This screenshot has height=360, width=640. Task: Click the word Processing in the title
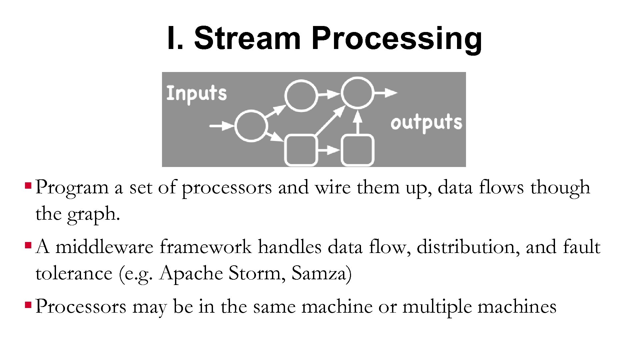pyautogui.click(x=397, y=39)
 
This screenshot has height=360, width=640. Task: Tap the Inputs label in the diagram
pyautogui.click(x=196, y=93)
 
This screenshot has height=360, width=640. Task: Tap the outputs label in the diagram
pyautogui.click(x=426, y=122)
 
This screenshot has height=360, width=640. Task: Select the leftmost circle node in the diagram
pyautogui.click(x=251, y=126)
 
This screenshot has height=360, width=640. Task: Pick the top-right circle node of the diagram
pyautogui.click(x=357, y=93)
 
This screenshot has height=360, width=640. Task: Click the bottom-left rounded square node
pyautogui.click(x=301, y=150)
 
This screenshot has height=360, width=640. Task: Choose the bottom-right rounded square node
pyautogui.click(x=357, y=150)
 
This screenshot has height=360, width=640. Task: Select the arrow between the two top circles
pyautogui.click(x=329, y=94)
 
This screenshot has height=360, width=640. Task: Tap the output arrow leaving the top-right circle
pyautogui.click(x=386, y=92)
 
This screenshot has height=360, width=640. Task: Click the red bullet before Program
pyautogui.click(x=28, y=184)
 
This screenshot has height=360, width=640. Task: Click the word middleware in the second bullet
pyautogui.click(x=104, y=247)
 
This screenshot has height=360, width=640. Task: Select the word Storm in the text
pyautogui.click(x=255, y=273)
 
